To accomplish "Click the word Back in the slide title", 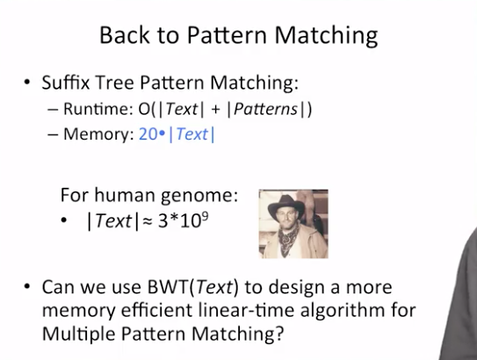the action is tap(125, 35).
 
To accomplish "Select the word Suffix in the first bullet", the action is tap(66, 83).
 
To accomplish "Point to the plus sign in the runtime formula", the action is tap(215, 110).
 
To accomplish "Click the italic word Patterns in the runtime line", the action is tap(265, 109).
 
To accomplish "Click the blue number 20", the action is tap(148, 134).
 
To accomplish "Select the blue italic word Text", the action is tap(192, 134).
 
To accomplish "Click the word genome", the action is tap(199, 196).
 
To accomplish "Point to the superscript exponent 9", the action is tap(205, 217).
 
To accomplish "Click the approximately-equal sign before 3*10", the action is tap(148, 222).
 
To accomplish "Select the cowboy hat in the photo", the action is tap(285, 206).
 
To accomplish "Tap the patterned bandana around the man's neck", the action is tap(287, 239).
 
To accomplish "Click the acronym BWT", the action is tap(168, 287).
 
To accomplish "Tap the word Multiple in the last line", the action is tap(79, 335).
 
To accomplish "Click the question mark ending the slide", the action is tap(280, 334).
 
